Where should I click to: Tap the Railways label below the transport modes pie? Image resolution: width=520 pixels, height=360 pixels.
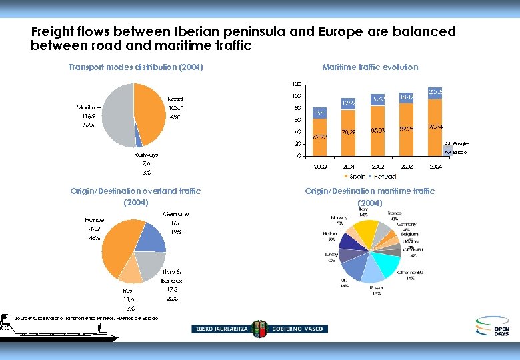pos(145,155)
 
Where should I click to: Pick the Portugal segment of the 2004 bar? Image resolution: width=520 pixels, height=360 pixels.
pos(435,91)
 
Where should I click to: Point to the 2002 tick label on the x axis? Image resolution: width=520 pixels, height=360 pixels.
pos(377,167)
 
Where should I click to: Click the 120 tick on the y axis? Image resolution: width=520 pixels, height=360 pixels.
pos(296,84)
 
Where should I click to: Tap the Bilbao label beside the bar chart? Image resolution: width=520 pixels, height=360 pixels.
pos(461,153)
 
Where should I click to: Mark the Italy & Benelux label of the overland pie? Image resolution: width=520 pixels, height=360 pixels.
pos(170,276)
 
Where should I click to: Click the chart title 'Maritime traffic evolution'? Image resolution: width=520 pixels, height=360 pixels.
pos(370,67)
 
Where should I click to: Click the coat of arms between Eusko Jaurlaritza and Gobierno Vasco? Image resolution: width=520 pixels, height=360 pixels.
pos(257,329)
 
